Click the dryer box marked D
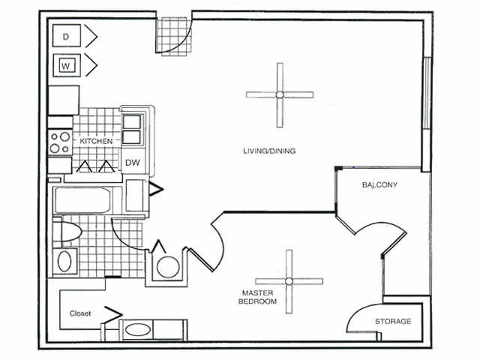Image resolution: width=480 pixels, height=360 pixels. [66, 35]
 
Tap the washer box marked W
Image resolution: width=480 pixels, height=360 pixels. [66, 64]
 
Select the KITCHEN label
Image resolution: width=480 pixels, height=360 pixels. [97, 141]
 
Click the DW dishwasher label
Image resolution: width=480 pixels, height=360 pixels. [132, 163]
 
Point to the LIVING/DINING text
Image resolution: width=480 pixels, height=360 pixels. [268, 151]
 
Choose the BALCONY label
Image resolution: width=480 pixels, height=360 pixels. [379, 184]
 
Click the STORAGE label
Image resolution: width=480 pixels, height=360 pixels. [393, 322]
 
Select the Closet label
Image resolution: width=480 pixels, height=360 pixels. [80, 313]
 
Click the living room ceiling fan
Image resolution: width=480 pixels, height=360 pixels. [279, 94]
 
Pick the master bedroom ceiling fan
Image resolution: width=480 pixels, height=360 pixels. [289, 281]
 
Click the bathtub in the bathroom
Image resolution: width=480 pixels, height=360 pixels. [84, 201]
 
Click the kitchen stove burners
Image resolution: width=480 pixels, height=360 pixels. [59, 142]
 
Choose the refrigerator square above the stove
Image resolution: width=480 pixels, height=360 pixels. [64, 99]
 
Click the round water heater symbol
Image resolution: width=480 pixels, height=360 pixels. [169, 266]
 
